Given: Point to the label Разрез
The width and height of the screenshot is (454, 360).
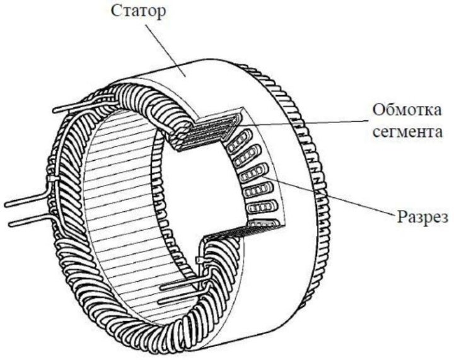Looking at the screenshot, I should click(422, 218).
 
